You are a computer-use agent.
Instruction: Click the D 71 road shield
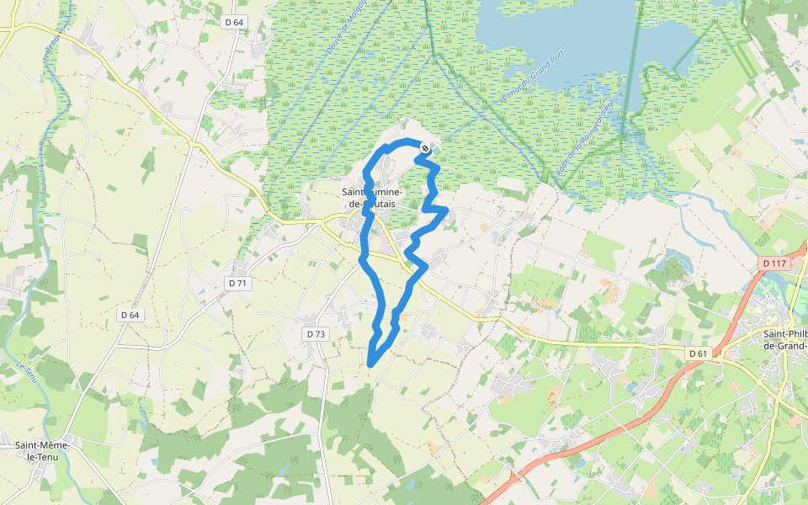tap(238, 284)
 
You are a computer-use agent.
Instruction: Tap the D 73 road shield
tap(315, 334)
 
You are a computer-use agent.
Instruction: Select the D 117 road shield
tap(773, 263)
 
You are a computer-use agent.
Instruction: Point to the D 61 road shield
tap(697, 353)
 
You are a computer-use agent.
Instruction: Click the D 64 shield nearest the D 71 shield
tap(129, 315)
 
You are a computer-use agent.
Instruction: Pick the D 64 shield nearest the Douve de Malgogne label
tap(235, 22)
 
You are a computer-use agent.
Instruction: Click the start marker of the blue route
tap(425, 148)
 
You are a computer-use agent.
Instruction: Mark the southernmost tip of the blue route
tap(370, 364)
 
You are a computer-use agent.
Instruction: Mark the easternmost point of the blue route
tap(445, 210)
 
